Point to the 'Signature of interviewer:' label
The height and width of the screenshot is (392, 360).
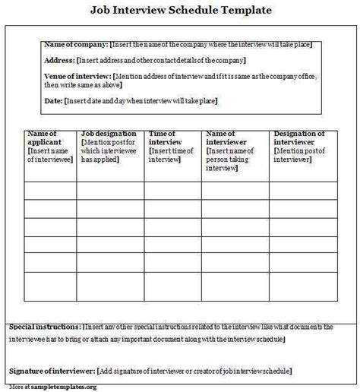(52, 371)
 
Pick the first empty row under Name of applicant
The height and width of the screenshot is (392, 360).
(49, 190)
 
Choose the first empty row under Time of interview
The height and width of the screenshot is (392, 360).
(175, 190)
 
